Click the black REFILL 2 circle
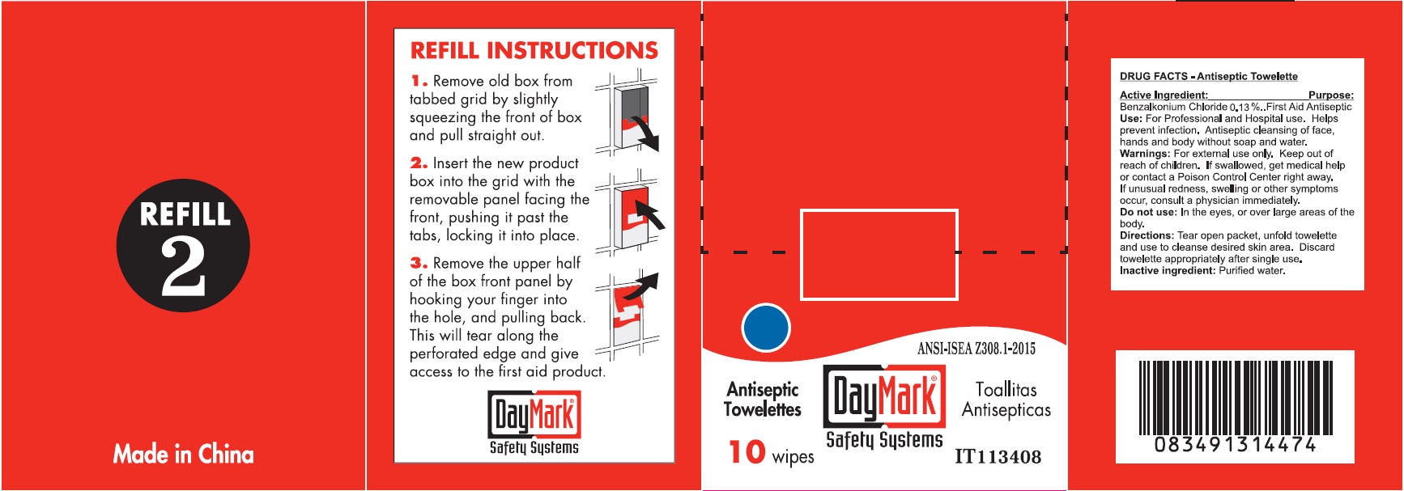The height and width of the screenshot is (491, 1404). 183,245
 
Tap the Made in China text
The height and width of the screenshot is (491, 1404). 183,454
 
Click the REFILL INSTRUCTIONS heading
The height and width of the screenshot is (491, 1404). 534,51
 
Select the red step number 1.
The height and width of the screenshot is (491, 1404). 418,81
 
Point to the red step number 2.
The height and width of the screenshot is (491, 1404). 419,163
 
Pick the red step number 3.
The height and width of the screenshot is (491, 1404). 419,263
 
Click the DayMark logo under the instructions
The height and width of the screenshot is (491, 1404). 534,423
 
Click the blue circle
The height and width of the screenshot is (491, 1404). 765,328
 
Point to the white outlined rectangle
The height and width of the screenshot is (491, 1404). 879,255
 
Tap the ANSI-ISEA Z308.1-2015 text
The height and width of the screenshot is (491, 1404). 976,349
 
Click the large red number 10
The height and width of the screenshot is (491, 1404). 747,452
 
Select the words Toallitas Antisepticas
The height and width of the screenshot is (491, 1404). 1006,400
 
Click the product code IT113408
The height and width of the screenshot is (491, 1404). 998,457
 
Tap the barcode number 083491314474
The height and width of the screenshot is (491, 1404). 1235,445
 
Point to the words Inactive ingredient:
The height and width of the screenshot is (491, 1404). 1167,271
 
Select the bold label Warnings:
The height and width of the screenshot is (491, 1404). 1144,154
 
